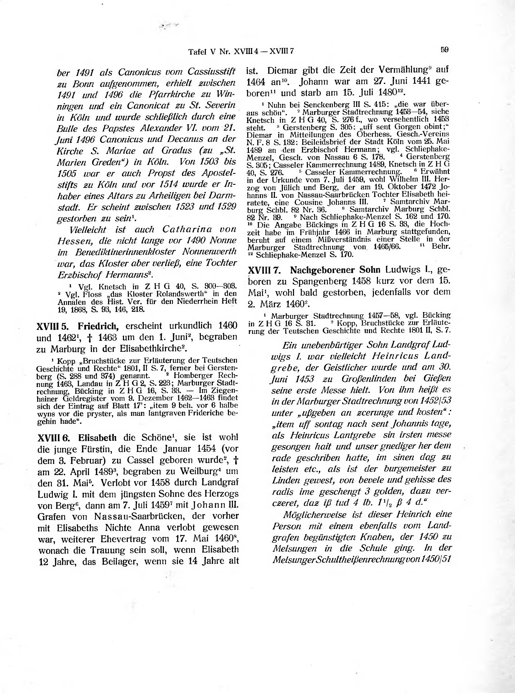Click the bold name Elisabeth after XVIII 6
(x=97, y=438)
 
